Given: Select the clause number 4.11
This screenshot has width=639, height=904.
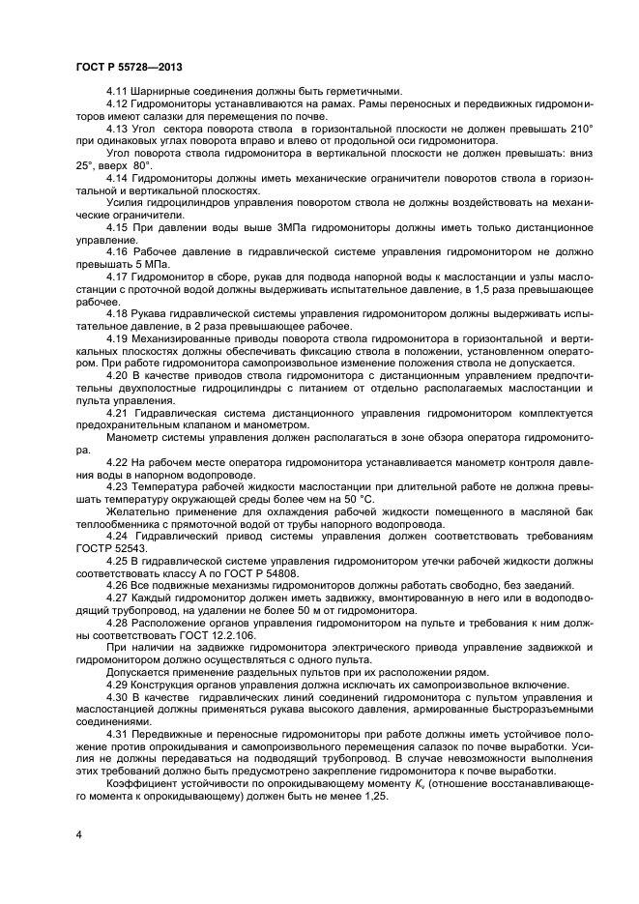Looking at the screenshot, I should pos(118,90).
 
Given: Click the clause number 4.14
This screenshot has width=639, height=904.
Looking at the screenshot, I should pos(118,179).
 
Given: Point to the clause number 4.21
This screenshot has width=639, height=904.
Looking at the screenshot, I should pos(118,413).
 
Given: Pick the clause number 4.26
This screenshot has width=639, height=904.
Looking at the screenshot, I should pos(118,586).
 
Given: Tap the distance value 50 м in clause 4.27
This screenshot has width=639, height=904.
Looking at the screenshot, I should pos(301,611).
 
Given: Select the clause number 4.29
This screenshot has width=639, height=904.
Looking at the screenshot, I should pos(118,685).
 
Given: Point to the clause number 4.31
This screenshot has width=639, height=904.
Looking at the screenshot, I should pos(118,736).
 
